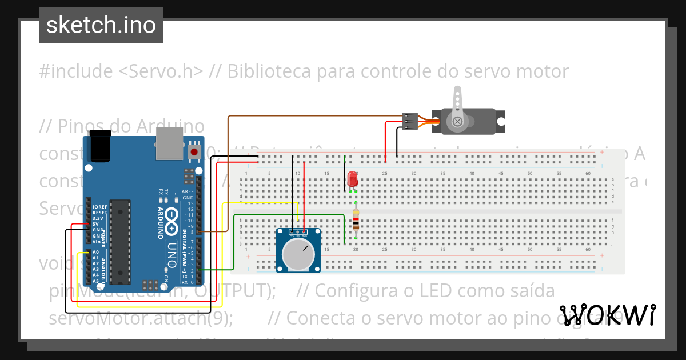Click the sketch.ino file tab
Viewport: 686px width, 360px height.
click(x=101, y=25)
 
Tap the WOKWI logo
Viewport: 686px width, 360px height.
click(x=607, y=314)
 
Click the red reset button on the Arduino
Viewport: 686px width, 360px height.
click(x=195, y=153)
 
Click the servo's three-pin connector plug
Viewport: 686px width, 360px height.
click(x=410, y=121)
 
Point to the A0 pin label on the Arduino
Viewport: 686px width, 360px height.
click(x=95, y=252)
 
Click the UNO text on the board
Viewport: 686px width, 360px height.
click(x=171, y=255)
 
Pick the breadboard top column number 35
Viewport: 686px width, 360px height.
click(x=442, y=173)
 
